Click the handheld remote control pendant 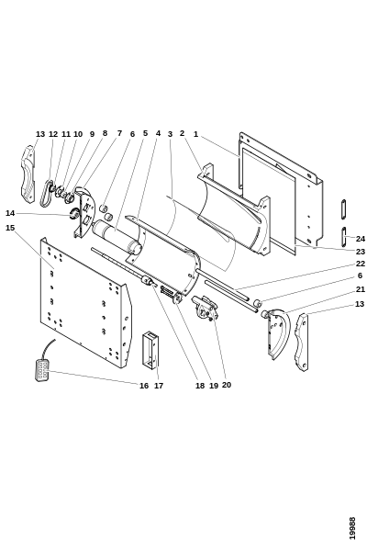pos(42,369)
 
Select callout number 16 pos(144,386)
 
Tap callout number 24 pos(361,239)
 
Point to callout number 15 pos(10,228)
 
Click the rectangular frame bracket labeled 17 pos(150,350)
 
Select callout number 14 pos(10,213)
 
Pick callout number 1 pos(195,134)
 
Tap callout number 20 pos(227,385)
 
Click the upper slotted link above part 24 pos(343,208)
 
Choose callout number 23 pos(361,252)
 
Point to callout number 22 pos(361,264)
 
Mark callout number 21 pos(361,289)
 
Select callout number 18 pos(200,386)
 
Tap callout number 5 pos(145,133)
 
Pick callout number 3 pos(170,134)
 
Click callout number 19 pos(214,386)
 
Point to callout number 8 pos(105,133)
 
